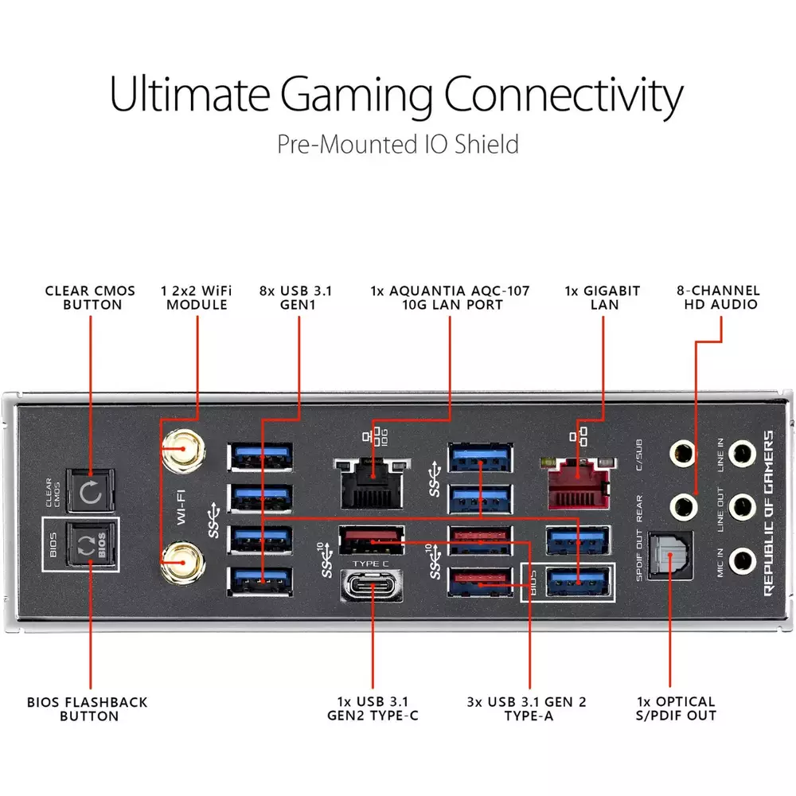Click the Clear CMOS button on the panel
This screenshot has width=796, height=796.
(91, 491)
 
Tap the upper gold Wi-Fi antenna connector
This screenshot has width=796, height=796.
(183, 451)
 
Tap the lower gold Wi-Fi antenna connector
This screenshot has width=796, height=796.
(183, 563)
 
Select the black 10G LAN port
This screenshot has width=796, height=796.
(372, 482)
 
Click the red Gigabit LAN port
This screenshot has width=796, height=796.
(579, 482)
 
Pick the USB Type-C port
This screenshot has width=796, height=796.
(373, 585)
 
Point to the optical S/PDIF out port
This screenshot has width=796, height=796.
(670, 556)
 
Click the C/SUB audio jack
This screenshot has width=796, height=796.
(682, 453)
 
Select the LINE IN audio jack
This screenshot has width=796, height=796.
(742, 453)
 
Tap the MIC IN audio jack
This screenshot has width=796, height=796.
(742, 561)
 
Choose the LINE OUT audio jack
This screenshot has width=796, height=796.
(742, 506)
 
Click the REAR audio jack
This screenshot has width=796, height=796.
(682, 506)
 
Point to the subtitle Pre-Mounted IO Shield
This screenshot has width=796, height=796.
(398, 144)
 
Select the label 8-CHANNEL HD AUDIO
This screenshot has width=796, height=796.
(718, 298)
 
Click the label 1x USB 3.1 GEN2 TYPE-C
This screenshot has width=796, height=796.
(373, 708)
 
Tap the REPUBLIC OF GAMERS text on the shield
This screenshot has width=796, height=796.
(769, 513)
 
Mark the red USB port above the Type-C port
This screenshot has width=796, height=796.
(372, 540)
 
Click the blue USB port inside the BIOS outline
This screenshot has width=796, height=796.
(578, 583)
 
